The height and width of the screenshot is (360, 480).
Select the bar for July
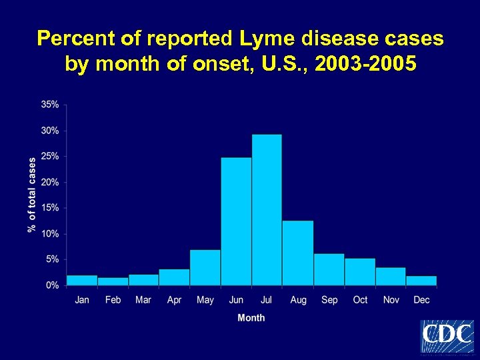pos(267,210)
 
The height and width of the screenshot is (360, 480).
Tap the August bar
pos(298,253)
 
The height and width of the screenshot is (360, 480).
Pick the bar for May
pos(205,267)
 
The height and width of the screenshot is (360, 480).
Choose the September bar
pos(329,269)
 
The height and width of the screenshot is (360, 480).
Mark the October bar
pos(360,271)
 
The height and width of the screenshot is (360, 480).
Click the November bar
pos(391,276)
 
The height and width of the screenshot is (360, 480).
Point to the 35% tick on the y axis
pos(50,105)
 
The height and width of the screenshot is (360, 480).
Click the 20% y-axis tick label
pos(50,182)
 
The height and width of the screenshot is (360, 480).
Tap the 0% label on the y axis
pos(52,285)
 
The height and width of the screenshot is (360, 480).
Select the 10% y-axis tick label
pos(50,234)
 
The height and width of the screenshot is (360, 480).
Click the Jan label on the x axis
pos(82,300)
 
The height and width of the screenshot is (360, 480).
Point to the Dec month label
pos(421,300)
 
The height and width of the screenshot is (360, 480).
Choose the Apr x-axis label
pos(174,300)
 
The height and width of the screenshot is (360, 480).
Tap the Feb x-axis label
pos(113,300)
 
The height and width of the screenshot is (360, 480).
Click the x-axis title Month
pos(251,318)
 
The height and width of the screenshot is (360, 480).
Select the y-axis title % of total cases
pos(32,195)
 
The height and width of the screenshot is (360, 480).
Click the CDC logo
pos(447,336)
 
